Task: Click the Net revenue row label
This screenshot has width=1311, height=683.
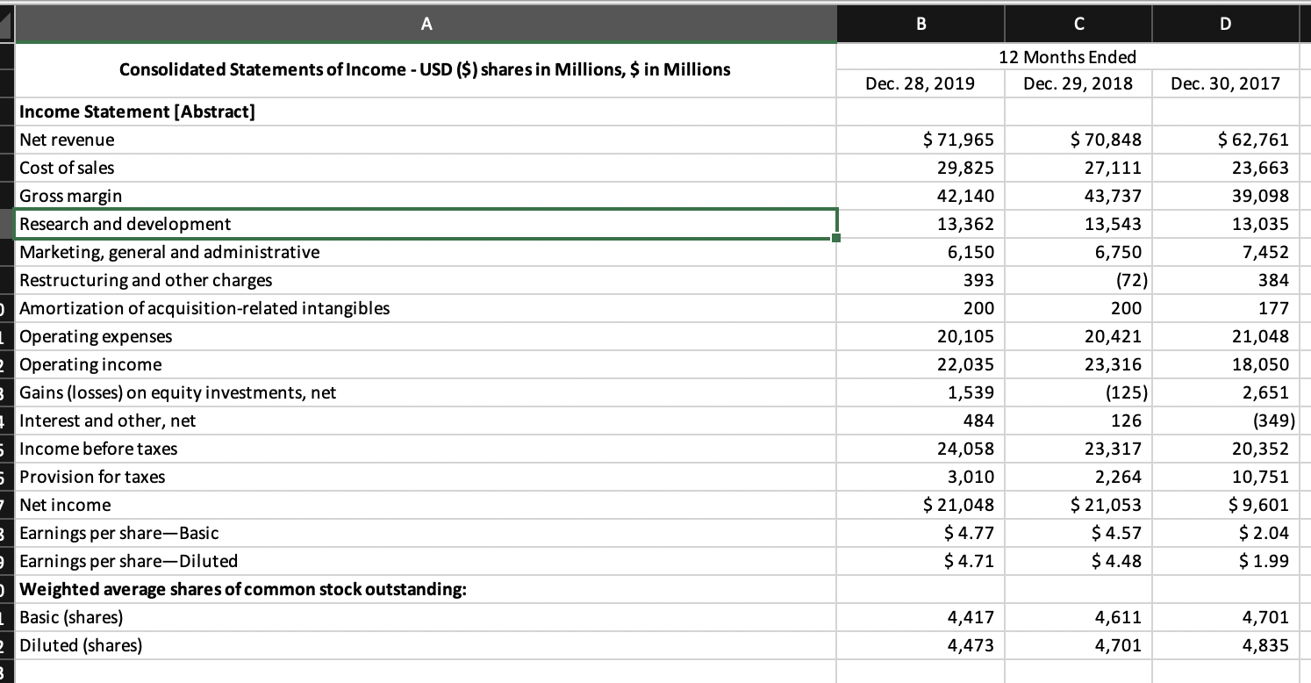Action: [x=68, y=140]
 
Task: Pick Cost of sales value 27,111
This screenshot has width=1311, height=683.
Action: [x=1114, y=168]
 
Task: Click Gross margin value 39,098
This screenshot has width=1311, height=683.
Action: [x=1261, y=196]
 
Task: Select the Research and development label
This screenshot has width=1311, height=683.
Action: [x=125, y=224]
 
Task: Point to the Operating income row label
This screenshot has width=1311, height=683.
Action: [x=90, y=364]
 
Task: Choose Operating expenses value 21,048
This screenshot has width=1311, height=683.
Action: [x=1261, y=336]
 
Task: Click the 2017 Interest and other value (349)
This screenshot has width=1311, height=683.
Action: [x=1270, y=421]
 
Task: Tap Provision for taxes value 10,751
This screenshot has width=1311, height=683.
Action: [x=1261, y=477]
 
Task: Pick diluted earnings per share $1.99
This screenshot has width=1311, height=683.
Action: [x=1264, y=561]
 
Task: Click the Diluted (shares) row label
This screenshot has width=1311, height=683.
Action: [x=81, y=645]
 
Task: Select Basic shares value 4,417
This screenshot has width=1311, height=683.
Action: [x=971, y=617]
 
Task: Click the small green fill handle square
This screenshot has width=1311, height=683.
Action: [x=837, y=238]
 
